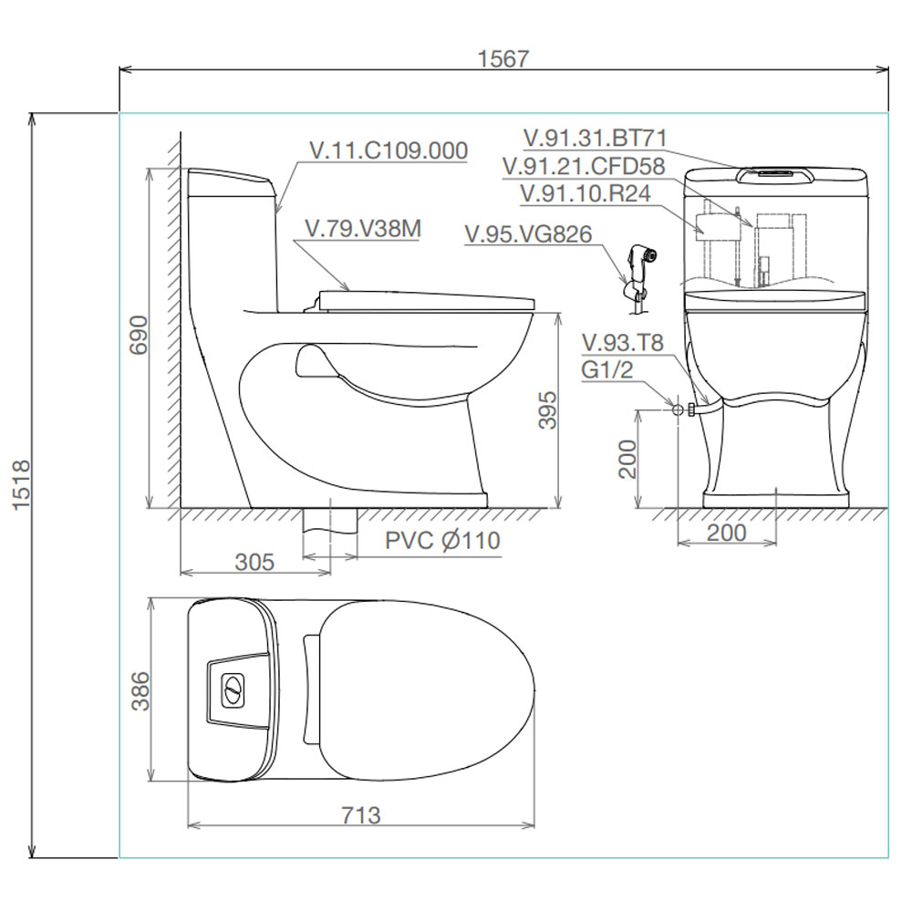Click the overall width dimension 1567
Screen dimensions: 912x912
[x=503, y=58]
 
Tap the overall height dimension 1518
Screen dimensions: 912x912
[x=21, y=485]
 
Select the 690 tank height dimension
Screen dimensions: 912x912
[x=139, y=335]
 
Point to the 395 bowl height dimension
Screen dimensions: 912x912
[x=546, y=410]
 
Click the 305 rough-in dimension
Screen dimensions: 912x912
[x=254, y=562]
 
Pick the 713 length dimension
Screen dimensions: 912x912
[x=360, y=814]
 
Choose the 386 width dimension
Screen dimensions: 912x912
[x=140, y=691]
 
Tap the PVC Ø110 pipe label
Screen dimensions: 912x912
[x=442, y=540]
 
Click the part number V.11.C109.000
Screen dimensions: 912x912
[x=389, y=150]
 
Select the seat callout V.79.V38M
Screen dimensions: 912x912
[x=363, y=229]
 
